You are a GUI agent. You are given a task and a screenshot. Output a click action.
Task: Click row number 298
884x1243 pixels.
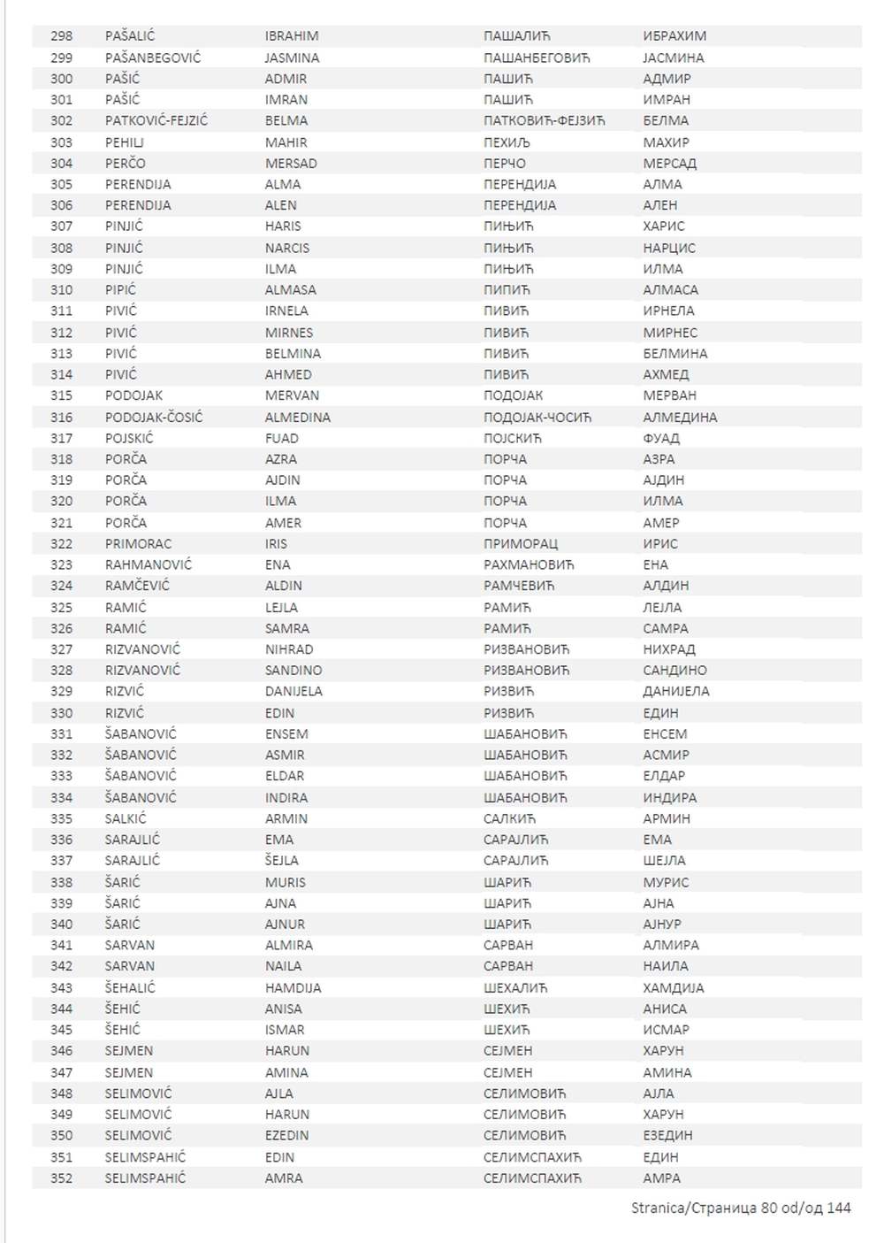point(62,36)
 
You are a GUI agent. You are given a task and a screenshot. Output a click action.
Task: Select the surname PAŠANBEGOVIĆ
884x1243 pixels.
point(153,58)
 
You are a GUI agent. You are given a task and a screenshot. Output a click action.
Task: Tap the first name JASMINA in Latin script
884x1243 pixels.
point(292,58)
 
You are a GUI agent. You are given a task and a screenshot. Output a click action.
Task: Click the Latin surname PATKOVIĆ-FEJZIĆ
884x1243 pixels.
point(156,120)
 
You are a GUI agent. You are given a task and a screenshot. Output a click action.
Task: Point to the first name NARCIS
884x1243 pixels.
point(287,248)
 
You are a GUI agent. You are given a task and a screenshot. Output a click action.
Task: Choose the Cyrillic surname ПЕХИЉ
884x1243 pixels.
point(507,142)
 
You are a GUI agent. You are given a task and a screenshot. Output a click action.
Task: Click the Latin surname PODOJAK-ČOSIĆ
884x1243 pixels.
point(154,417)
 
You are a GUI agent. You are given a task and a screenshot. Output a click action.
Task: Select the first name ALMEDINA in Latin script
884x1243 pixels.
point(298,417)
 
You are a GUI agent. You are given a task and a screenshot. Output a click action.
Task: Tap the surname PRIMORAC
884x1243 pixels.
point(138,543)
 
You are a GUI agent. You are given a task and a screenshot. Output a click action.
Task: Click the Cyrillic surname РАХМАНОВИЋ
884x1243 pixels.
point(529,564)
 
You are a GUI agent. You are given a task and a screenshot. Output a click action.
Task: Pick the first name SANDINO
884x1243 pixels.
point(293,670)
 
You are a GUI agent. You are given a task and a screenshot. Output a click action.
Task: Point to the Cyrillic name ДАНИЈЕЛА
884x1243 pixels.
point(676,691)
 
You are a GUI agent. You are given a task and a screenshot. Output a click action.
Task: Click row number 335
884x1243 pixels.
point(62,818)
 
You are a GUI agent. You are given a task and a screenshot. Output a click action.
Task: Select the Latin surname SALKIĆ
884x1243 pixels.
point(126,818)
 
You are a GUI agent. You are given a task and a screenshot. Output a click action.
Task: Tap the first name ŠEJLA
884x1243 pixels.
point(282,860)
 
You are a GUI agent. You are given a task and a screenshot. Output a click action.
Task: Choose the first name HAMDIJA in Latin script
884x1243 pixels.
point(293,987)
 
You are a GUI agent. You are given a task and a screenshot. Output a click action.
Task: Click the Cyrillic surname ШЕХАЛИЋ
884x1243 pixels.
point(515,987)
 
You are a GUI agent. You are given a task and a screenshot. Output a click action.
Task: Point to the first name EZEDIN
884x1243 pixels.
point(287,1135)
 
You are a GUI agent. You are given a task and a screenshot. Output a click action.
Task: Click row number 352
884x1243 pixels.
point(62,1178)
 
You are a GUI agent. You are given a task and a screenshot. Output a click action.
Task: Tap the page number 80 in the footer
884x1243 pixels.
point(769,1208)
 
